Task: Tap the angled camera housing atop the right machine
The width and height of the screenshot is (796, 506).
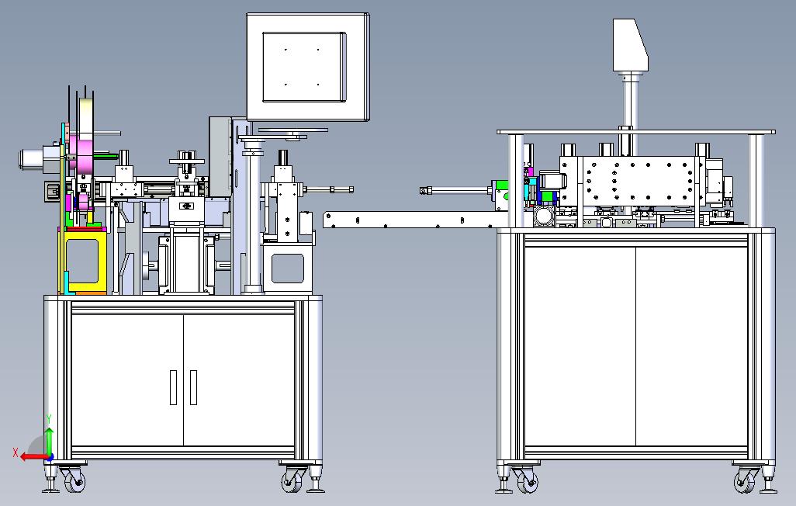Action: tap(630, 45)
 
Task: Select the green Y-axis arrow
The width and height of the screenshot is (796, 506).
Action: tap(49, 442)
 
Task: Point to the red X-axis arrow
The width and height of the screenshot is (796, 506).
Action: tap(36, 457)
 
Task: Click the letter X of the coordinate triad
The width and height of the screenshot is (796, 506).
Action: tap(16, 452)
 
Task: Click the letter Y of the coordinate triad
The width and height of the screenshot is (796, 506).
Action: tap(49, 419)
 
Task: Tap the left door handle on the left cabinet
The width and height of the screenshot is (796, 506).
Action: tap(173, 387)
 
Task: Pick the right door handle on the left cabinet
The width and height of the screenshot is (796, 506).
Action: tap(193, 387)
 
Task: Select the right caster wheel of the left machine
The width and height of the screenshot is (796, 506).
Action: tap(292, 480)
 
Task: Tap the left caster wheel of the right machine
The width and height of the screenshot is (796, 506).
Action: tap(527, 480)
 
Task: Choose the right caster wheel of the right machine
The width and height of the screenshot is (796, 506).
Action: tap(744, 480)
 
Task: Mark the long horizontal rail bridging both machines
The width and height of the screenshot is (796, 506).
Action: tap(416, 220)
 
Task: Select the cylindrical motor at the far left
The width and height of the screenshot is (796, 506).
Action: tap(37, 158)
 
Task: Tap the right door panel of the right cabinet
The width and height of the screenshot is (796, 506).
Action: tap(692, 345)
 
